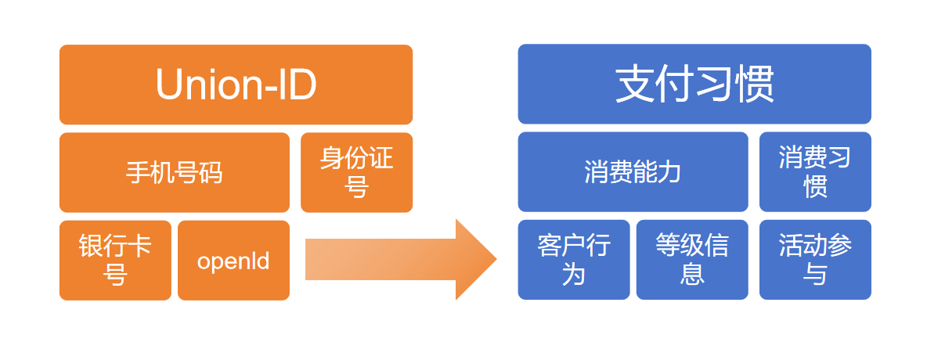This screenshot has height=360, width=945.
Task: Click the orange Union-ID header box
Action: tap(236, 85)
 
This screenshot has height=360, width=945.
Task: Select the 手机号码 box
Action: tap(174, 172)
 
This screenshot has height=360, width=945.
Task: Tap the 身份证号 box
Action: tap(356, 172)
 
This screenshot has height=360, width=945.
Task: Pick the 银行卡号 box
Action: tap(115, 261)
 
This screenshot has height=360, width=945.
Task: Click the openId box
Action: tap(233, 261)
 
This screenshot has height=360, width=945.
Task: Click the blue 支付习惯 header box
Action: tap(694, 85)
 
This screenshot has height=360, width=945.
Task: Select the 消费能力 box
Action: tap(633, 172)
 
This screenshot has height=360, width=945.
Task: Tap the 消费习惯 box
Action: tap(815, 172)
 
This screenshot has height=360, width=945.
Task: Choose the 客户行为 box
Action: tap(573, 261)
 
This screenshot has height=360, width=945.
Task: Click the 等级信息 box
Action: tap(691, 261)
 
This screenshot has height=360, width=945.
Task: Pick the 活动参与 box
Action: tap(815, 261)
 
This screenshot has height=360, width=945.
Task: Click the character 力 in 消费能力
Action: tap(669, 172)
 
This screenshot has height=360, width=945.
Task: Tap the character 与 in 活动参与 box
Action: tap(815, 275)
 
